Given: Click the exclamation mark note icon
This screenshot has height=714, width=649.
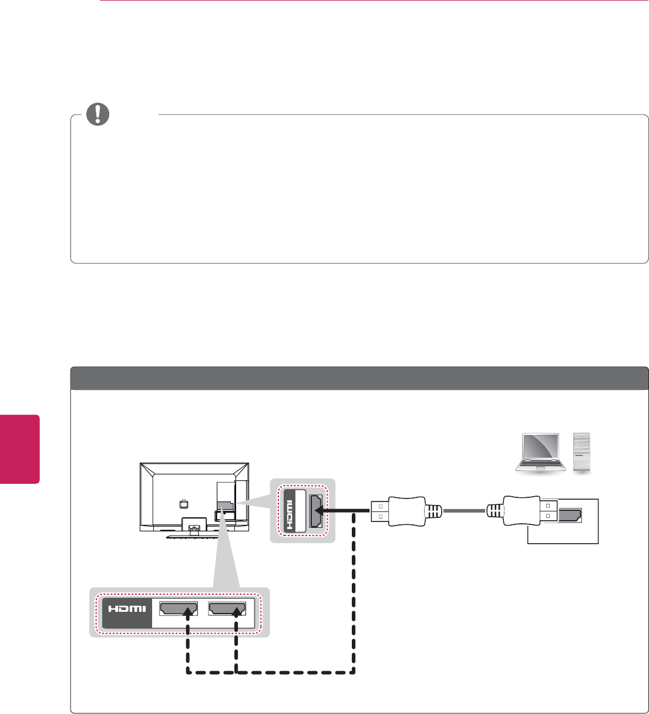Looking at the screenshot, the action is [97, 114].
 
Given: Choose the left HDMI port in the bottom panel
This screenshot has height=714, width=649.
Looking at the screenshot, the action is [179, 609].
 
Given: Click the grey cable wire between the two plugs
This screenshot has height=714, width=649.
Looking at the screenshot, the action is [464, 511].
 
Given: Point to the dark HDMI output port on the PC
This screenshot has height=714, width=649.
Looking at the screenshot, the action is [568, 516].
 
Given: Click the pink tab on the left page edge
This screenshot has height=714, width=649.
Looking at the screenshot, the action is [19, 449].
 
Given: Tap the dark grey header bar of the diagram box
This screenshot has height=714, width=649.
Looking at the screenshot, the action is [359, 379].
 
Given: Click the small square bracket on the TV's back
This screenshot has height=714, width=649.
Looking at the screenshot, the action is [183, 503].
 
